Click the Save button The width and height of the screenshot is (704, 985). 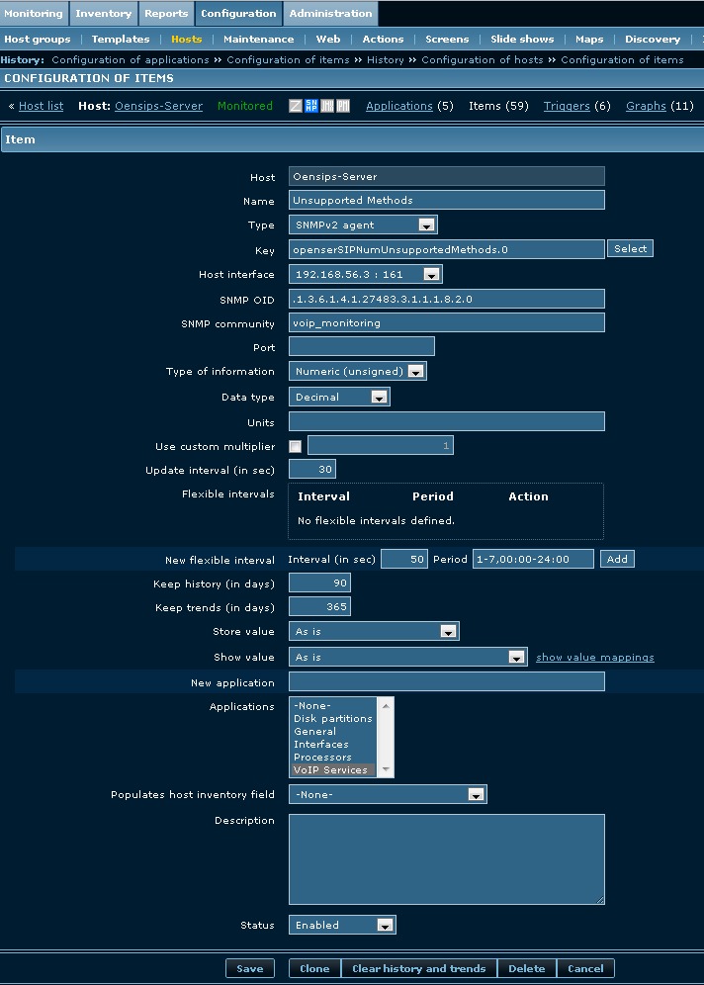click(249, 968)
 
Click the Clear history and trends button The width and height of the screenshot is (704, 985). click(418, 968)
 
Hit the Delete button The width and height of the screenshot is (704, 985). click(526, 968)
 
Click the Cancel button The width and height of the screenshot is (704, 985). click(585, 968)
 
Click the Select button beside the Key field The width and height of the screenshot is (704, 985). click(630, 249)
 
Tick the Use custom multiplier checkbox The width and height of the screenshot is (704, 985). click(295, 447)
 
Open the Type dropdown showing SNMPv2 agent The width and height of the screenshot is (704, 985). click(363, 225)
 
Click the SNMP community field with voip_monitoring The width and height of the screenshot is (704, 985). click(446, 323)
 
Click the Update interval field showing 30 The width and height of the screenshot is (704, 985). click(312, 469)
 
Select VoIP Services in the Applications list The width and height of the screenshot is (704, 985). click(331, 770)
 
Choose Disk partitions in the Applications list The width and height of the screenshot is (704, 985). click(333, 719)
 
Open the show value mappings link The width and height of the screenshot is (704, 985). click(594, 658)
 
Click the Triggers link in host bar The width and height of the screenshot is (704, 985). click(567, 106)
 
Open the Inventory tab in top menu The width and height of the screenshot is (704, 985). click(103, 14)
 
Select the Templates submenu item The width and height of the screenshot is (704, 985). click(121, 40)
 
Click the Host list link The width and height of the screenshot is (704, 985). click(41, 106)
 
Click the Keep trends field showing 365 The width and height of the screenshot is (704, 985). click(319, 607)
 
